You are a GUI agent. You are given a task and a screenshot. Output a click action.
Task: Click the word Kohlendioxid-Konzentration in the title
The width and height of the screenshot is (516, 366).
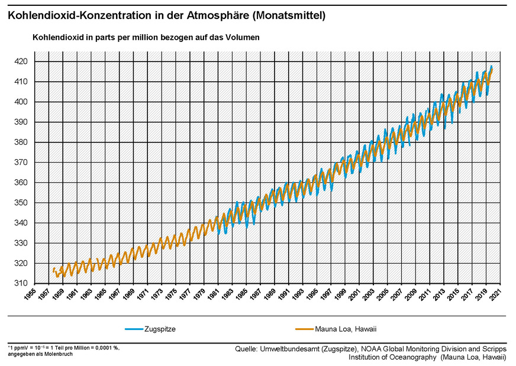coord(73,16)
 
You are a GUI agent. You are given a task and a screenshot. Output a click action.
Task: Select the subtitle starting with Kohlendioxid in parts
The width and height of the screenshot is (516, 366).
coord(146,37)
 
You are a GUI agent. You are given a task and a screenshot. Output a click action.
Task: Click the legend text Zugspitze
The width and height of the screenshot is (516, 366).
coord(160,329)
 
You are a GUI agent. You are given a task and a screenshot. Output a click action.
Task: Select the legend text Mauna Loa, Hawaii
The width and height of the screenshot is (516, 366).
coord(350,329)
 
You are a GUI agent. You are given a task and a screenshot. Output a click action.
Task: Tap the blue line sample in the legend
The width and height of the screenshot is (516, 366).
coord(133,329)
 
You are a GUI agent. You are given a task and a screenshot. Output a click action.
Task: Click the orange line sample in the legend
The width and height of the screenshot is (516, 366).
coord(307,329)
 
